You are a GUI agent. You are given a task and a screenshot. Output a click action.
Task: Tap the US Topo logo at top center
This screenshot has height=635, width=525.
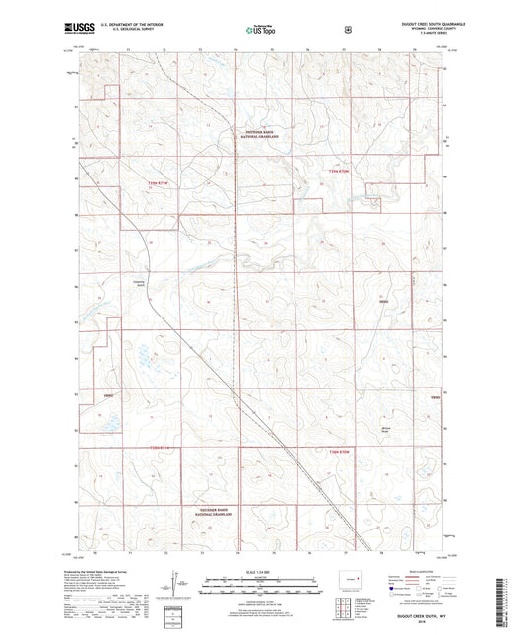pyautogui.click(x=262, y=31)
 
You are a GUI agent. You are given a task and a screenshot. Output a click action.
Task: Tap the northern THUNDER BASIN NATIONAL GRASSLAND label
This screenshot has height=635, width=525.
pyautogui.click(x=262, y=136)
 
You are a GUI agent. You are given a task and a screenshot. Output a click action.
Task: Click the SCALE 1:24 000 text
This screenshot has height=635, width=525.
pyautogui.click(x=261, y=573)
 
